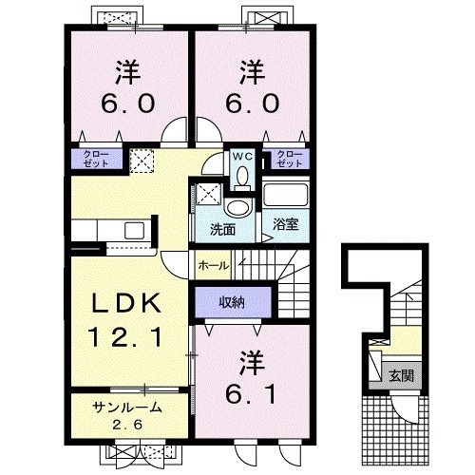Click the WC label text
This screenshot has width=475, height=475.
(x=243, y=156)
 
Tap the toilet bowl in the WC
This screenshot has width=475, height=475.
(x=243, y=176)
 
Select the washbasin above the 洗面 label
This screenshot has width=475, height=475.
(x=238, y=208)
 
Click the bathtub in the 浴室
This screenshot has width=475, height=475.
(x=285, y=194)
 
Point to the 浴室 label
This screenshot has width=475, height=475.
(x=285, y=224)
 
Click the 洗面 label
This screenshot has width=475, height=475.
(x=222, y=229)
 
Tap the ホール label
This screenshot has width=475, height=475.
(x=214, y=265)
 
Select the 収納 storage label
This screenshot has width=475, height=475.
(x=232, y=303)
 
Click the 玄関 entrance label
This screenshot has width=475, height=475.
(x=401, y=376)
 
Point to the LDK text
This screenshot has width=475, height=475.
(x=126, y=303)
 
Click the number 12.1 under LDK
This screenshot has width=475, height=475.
(x=125, y=336)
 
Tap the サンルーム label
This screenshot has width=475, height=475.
(x=127, y=408)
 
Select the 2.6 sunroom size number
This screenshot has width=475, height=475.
(x=127, y=425)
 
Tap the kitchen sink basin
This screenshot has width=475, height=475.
(x=134, y=231)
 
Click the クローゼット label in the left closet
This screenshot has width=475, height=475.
(x=96, y=159)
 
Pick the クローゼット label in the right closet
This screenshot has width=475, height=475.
(x=290, y=159)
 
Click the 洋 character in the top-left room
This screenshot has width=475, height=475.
(x=127, y=72)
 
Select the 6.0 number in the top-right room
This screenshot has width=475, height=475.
(x=253, y=104)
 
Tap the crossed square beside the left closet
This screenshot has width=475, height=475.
(x=142, y=161)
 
